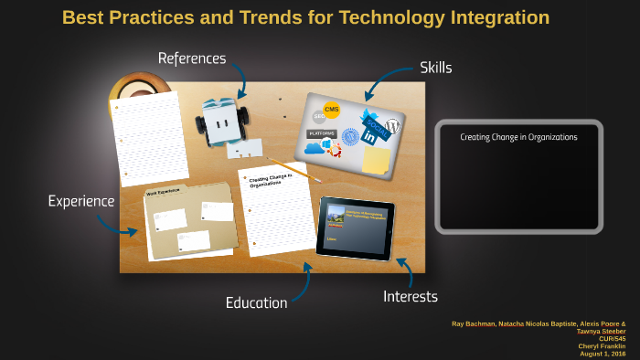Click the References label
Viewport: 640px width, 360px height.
click(191, 58)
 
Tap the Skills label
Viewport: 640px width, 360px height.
click(435, 67)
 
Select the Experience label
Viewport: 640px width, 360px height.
click(81, 201)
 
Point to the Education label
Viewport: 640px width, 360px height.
click(257, 302)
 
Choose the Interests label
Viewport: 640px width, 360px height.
click(411, 296)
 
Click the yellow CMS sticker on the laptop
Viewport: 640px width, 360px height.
click(331, 111)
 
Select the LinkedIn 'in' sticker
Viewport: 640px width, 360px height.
click(370, 137)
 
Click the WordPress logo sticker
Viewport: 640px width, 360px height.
click(394, 127)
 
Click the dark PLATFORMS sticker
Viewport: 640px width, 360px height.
click(322, 133)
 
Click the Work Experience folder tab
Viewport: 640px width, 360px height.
click(165, 193)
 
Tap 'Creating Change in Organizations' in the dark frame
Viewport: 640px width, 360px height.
click(518, 137)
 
